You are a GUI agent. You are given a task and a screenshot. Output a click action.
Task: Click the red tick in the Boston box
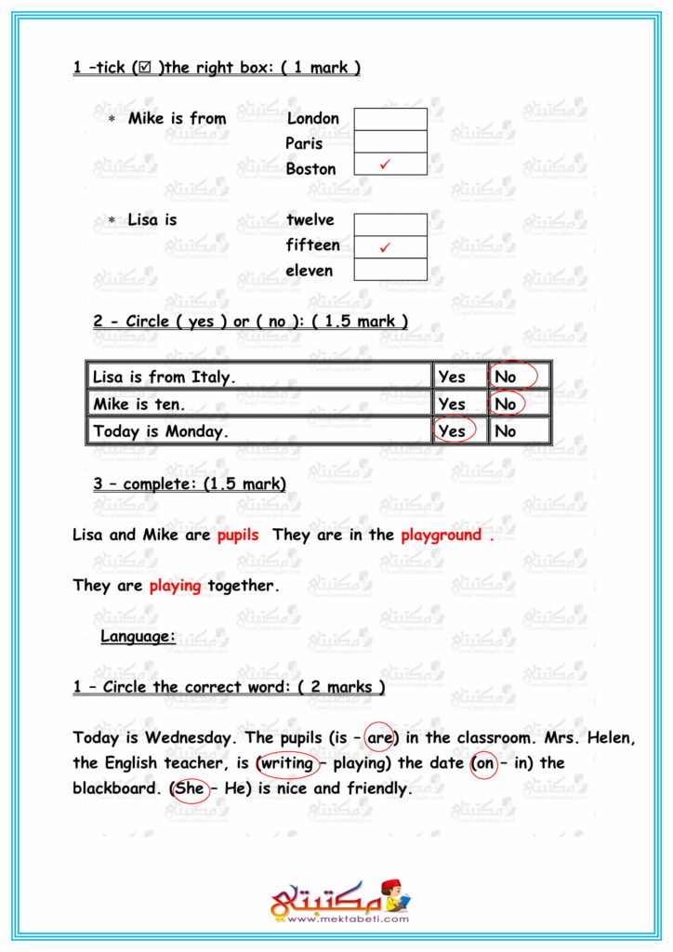385,165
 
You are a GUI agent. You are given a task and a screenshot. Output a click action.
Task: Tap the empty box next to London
390,119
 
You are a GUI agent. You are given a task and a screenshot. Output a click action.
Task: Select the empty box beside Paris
390,141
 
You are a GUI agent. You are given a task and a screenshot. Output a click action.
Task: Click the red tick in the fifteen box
385,247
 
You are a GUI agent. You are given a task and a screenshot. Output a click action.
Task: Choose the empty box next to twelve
390,224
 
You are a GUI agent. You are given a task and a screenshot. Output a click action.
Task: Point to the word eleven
310,271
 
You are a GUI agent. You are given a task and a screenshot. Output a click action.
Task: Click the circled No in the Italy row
507,377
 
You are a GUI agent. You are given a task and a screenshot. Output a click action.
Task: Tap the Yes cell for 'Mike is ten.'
452,404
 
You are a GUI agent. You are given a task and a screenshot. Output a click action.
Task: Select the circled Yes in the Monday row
452,431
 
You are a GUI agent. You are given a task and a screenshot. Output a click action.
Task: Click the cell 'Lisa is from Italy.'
164,377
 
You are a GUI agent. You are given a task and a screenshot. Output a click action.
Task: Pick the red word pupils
238,535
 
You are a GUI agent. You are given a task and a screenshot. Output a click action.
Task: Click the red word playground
442,535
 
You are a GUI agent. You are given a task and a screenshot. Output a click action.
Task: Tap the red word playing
175,587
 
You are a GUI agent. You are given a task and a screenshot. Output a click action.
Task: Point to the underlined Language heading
138,637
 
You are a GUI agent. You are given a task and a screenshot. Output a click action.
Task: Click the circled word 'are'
380,737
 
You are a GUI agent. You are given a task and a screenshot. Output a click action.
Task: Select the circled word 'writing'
287,763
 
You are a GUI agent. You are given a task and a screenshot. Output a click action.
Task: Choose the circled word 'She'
190,788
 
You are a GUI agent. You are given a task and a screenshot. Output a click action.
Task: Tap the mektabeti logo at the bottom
340,901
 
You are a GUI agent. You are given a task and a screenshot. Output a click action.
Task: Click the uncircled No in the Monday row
507,431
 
